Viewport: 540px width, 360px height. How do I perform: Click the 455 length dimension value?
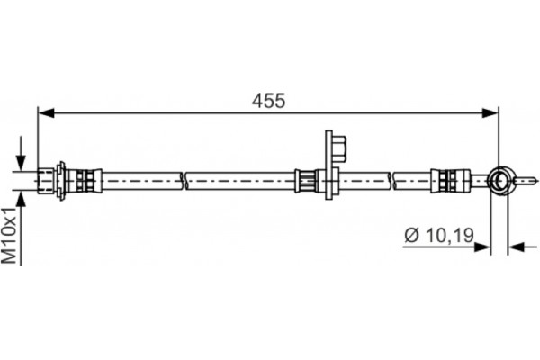pos(268,101)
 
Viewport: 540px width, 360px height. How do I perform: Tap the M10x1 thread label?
pos(9,235)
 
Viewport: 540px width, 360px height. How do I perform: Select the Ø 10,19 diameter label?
pos(439,235)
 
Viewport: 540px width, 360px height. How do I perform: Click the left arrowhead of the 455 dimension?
pos(46,112)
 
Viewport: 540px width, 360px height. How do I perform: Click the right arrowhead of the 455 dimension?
pos(490,112)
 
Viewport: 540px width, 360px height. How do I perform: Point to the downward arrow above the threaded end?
pos(22,153)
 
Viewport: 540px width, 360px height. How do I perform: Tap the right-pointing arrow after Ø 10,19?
pos(482,247)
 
